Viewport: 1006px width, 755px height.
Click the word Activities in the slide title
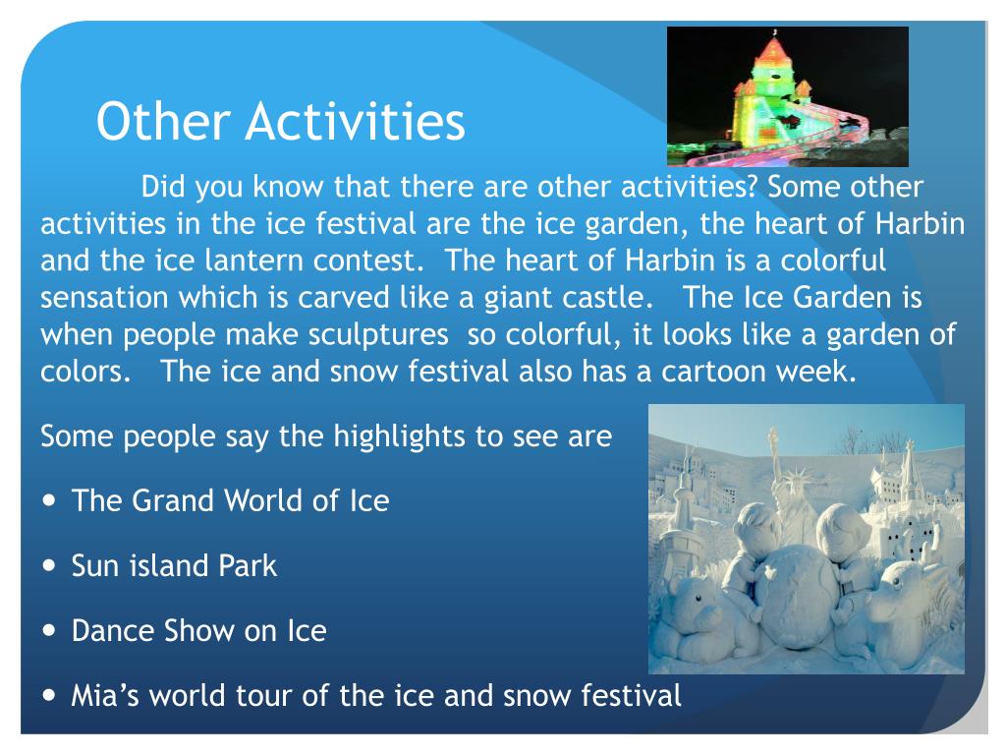(355, 121)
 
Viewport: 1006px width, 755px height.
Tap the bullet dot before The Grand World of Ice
(49, 500)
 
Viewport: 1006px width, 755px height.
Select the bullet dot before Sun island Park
(49, 565)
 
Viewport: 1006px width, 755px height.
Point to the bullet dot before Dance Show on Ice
(49, 630)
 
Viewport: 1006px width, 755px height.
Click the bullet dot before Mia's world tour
(49, 695)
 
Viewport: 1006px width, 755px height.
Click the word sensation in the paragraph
(104, 298)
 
